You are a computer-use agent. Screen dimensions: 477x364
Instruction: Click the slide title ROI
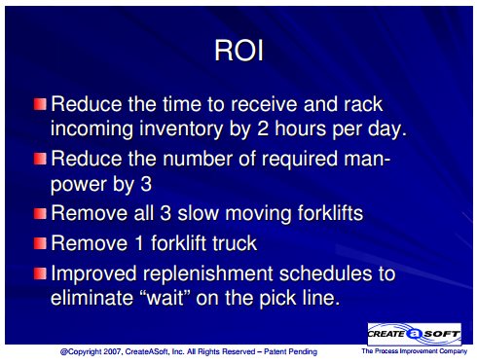click(x=238, y=51)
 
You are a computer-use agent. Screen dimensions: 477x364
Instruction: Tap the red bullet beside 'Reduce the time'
click(x=40, y=104)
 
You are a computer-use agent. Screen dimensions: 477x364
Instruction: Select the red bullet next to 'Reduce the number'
click(x=40, y=159)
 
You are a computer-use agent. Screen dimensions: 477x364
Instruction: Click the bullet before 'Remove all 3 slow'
click(x=40, y=213)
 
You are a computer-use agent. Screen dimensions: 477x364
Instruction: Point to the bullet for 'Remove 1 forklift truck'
click(x=40, y=243)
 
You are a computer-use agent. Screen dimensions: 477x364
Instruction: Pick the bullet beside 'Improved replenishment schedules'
click(x=40, y=273)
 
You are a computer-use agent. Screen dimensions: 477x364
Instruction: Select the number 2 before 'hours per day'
click(x=262, y=128)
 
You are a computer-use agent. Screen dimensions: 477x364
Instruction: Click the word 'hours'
click(x=301, y=128)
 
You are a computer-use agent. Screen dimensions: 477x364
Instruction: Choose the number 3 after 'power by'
click(x=146, y=184)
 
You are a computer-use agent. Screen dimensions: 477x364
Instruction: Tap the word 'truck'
click(x=235, y=243)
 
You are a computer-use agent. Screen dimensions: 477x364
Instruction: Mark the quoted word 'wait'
click(x=166, y=298)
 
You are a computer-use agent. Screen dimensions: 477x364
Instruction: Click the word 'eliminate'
click(x=92, y=298)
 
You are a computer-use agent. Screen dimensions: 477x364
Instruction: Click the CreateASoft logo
click(x=415, y=334)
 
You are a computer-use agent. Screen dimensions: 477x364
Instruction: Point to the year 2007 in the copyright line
click(x=113, y=351)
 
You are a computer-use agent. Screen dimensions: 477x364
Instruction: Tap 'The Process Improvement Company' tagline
click(x=415, y=351)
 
